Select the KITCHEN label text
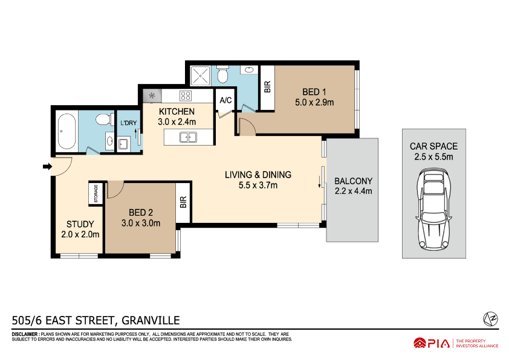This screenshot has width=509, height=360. coord(177,112)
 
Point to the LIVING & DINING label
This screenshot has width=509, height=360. coord(258,175)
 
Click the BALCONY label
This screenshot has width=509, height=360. coord(353,181)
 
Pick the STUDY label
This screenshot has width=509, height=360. coord(80,224)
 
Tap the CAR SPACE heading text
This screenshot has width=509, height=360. coord(433,146)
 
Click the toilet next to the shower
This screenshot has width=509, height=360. coord(222,76)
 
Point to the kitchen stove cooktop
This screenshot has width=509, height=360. coord(185,95)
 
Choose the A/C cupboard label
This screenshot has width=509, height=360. coord(226,100)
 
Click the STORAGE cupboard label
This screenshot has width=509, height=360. coord(96,193)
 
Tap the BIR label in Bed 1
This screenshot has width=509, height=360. coord(267,87)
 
